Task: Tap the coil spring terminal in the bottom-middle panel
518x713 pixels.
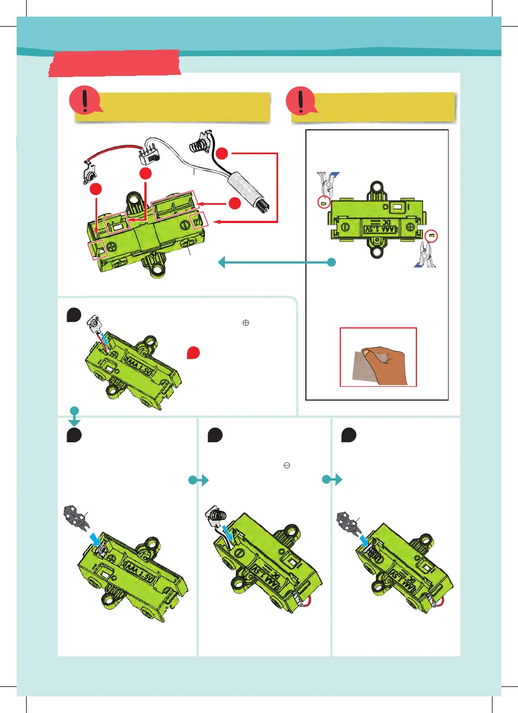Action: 216,515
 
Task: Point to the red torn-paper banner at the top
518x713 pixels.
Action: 114,62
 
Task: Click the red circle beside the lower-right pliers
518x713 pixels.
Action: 430,236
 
